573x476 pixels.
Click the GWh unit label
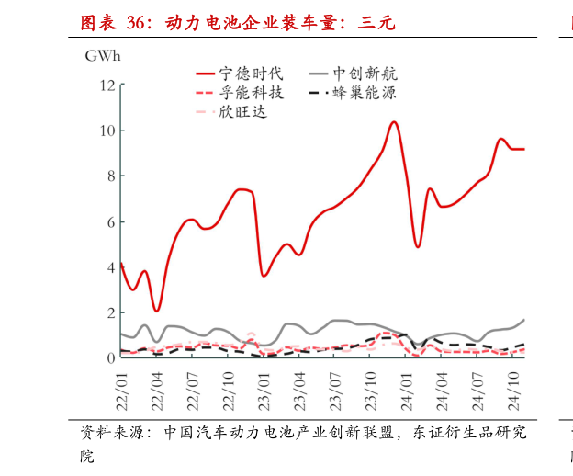[103, 56]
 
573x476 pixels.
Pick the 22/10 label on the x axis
[230, 390]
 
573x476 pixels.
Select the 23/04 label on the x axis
[300, 390]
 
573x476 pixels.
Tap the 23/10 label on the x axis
[372, 390]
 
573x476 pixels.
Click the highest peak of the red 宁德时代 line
[394, 121]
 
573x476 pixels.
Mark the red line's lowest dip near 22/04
[157, 311]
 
